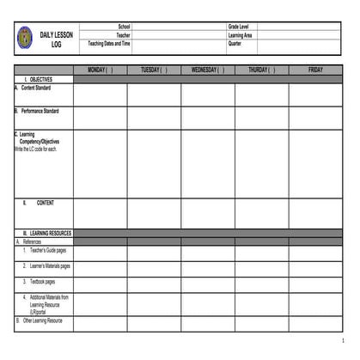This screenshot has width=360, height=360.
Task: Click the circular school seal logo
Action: [x=24, y=37]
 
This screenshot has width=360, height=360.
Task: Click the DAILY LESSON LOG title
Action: [x=57, y=39]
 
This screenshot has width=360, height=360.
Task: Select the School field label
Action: [x=124, y=27]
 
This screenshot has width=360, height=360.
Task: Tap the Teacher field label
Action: [x=123, y=35]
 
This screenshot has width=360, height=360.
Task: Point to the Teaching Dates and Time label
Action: [x=110, y=43]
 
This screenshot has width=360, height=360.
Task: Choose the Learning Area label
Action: [x=240, y=35]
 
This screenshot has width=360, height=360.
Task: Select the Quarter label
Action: [x=235, y=43]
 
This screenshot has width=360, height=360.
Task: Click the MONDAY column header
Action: [x=100, y=70]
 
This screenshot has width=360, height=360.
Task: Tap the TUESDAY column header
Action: [x=154, y=70]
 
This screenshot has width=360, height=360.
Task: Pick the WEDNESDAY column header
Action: [x=207, y=70]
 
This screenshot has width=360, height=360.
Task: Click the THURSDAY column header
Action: [x=261, y=70]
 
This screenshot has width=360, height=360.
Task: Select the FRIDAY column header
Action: [x=315, y=70]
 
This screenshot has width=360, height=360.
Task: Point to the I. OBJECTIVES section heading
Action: [x=39, y=78]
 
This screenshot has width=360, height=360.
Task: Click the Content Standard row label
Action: [x=35, y=87]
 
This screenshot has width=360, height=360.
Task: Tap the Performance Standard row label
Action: [x=40, y=111]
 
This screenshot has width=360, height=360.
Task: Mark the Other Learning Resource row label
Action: [x=40, y=320]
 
